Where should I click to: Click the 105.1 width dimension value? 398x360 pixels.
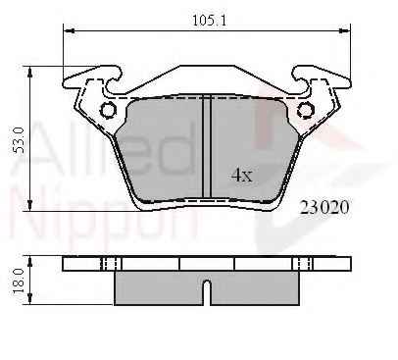coord(209,21)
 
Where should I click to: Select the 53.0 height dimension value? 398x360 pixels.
coord(19,140)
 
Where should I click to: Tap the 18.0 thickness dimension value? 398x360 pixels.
coord(19,281)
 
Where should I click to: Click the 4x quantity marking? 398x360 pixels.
coord(242,176)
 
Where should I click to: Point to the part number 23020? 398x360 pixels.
coord(324,207)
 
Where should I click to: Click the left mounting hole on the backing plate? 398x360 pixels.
coord(108,110)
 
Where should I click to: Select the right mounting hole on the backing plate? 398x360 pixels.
coord(306,110)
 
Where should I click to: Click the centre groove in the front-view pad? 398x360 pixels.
coord(207,146)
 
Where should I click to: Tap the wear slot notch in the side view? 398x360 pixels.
coord(207,292)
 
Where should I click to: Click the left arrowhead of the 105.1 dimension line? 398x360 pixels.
coord(69,30)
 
